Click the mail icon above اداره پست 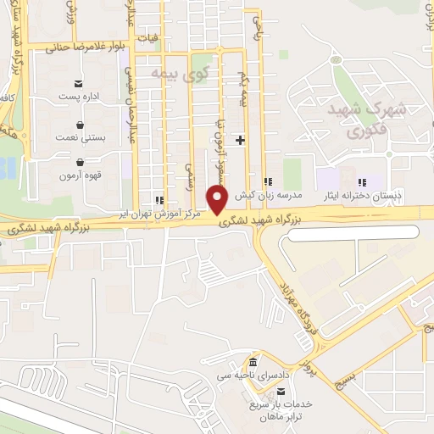(79, 83)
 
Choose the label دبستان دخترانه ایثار (372, 196)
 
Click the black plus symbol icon (242, 140)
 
